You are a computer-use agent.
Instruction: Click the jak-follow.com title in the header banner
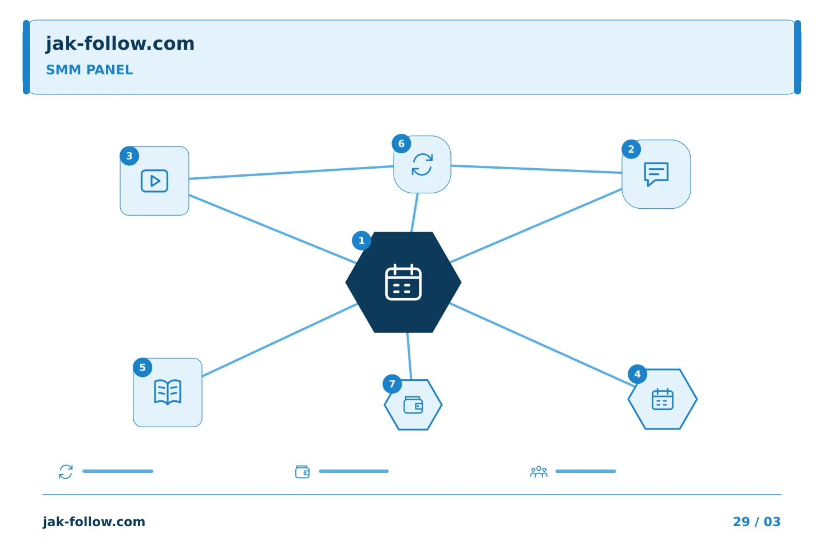click(x=120, y=44)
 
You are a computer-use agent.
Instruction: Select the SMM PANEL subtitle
click(x=89, y=70)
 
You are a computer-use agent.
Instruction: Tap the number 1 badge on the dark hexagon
click(x=361, y=241)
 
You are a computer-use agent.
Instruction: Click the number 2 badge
click(x=631, y=149)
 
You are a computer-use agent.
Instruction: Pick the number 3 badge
click(x=129, y=156)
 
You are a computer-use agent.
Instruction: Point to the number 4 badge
click(x=637, y=375)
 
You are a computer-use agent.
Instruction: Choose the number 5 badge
click(x=142, y=367)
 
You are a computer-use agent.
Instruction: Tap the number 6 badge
click(x=401, y=144)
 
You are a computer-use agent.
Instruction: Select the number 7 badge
click(x=392, y=384)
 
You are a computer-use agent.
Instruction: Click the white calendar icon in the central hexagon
click(x=403, y=282)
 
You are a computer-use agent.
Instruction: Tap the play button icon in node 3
click(x=154, y=181)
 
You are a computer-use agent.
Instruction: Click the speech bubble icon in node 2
click(x=656, y=174)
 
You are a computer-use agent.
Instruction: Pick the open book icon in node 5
click(x=167, y=392)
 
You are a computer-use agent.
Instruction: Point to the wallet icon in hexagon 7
click(x=413, y=405)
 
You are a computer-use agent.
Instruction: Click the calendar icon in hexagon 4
click(x=663, y=399)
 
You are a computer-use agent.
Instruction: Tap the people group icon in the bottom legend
click(x=538, y=472)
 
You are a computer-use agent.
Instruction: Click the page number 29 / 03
click(x=756, y=522)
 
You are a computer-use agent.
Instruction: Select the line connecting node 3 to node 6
click(x=291, y=173)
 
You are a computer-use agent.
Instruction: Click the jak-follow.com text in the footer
click(x=94, y=522)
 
